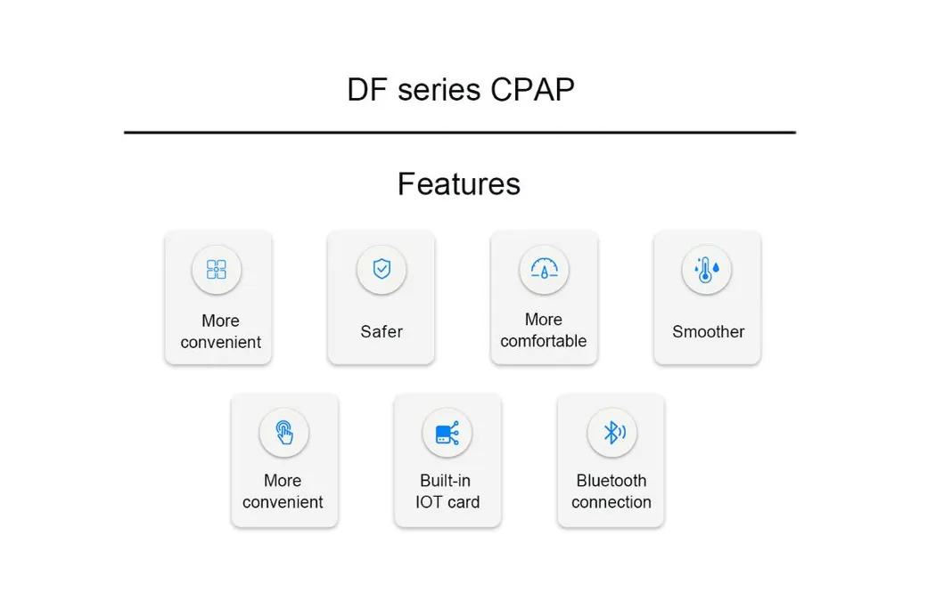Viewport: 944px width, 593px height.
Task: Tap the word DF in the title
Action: [x=365, y=90]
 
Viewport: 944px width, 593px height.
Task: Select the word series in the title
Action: [x=436, y=90]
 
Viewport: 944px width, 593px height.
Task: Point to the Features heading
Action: [x=458, y=183]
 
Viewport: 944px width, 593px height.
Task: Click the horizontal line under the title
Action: [x=459, y=133]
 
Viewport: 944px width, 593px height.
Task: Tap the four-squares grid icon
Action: [x=217, y=270]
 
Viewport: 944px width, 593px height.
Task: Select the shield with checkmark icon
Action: [x=382, y=270]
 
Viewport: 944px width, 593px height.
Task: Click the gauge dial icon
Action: [x=544, y=270]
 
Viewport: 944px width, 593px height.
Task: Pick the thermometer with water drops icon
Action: [x=707, y=270]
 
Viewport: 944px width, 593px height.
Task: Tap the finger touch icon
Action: [x=283, y=433]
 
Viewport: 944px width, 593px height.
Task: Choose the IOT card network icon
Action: [x=447, y=434]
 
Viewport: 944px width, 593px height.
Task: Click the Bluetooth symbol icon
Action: [x=612, y=434]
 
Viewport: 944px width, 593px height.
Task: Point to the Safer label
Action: [x=382, y=331]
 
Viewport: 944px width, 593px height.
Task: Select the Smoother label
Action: [x=708, y=331]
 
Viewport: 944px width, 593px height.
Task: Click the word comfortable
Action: [x=543, y=341]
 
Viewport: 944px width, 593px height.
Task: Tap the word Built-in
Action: [x=446, y=481]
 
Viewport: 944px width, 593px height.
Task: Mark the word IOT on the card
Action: [x=430, y=502]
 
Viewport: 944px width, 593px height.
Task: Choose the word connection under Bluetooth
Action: [x=611, y=502]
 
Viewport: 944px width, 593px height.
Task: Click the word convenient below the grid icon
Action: [x=220, y=342]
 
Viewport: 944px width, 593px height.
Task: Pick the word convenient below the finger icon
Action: [x=283, y=502]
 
